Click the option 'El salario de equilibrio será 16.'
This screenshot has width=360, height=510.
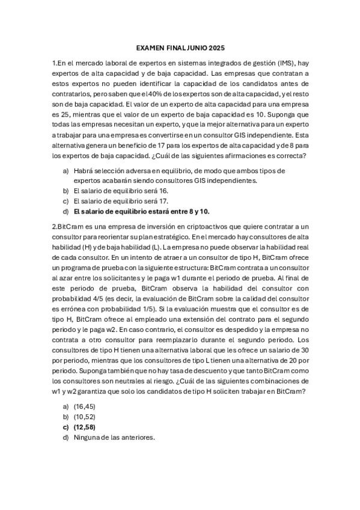coord(120,190)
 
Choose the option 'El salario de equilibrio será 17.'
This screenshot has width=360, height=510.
coord(120,201)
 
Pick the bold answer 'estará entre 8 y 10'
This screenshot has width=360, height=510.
coord(175,212)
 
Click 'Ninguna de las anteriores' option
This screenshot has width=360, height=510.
coord(114,437)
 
